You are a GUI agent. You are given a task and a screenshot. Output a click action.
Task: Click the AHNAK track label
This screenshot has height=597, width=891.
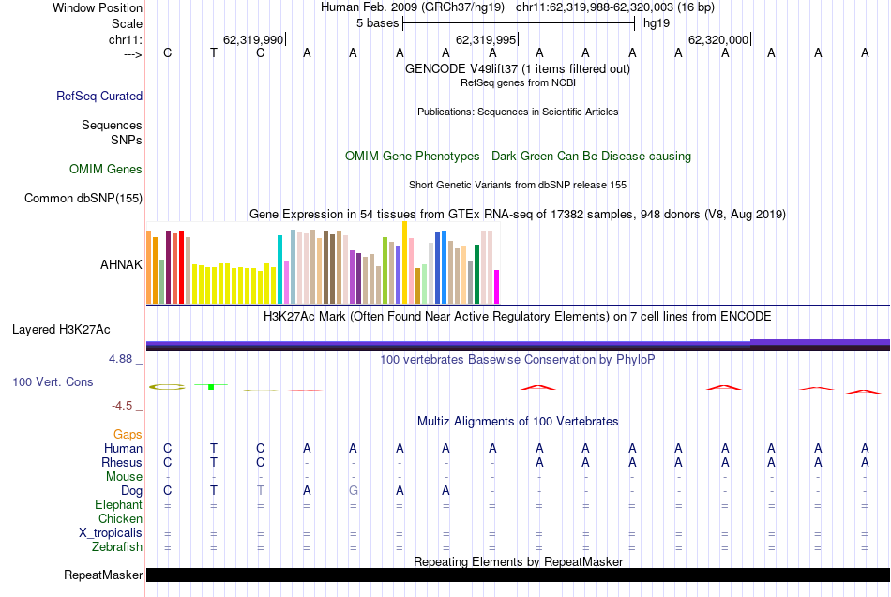(121, 264)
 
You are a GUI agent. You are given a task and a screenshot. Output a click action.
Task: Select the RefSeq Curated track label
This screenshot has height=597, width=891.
(99, 96)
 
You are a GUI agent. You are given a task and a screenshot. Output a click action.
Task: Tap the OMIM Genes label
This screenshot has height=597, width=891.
(106, 170)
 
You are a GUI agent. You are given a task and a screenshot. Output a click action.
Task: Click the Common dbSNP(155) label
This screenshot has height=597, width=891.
(83, 198)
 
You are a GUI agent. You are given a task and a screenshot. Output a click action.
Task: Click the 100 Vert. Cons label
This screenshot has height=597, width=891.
(53, 382)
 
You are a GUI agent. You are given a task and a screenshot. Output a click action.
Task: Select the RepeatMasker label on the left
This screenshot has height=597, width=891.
(103, 575)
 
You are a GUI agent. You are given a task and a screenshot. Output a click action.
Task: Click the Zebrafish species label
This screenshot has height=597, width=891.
(117, 547)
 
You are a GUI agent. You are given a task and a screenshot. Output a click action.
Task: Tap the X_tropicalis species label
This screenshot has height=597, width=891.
(111, 533)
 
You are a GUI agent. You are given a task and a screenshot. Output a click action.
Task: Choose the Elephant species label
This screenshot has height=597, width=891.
(118, 505)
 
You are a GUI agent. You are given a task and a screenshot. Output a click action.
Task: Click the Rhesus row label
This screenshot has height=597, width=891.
(122, 462)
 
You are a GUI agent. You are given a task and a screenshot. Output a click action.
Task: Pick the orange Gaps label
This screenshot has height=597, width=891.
(128, 435)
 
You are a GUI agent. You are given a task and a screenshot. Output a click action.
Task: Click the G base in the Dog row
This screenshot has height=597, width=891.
(353, 490)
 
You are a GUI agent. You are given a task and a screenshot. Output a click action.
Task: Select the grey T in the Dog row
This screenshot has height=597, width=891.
(261, 490)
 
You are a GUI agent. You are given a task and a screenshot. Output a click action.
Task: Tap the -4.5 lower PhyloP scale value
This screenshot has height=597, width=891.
(126, 406)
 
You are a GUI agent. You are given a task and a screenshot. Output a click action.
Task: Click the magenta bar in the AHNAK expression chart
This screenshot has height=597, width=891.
(497, 286)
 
